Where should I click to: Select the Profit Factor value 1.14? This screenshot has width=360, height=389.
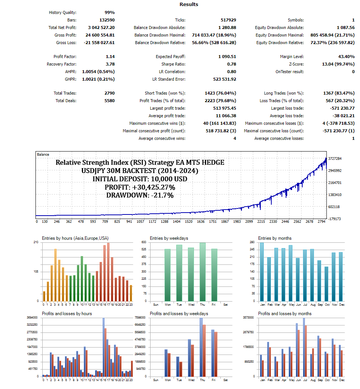tap(108, 57)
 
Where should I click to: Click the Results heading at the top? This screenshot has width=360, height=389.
tap(189, 5)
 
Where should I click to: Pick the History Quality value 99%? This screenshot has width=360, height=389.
tap(109, 13)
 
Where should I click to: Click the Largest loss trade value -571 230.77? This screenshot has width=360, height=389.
tap(339, 108)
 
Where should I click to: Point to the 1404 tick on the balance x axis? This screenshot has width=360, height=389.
tap(177, 222)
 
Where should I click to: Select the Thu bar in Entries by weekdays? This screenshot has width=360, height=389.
tap(203, 272)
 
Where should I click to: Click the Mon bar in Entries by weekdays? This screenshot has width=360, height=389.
tap(168, 275)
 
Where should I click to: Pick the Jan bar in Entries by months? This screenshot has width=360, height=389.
tap(262, 272)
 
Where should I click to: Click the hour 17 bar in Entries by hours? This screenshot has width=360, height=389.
tap(108, 272)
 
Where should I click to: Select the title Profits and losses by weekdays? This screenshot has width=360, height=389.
tap(179, 314)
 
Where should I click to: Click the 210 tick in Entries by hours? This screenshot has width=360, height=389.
tap(37, 242)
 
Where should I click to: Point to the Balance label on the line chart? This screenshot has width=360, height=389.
tap(43, 155)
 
